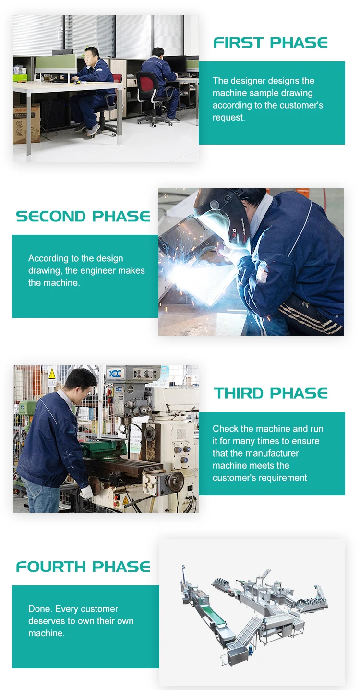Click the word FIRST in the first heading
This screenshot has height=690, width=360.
[x=239, y=43]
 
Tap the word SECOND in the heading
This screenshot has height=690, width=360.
[x=51, y=216]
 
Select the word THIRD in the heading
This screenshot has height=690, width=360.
[x=239, y=393]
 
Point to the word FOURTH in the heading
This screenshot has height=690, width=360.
[x=51, y=567]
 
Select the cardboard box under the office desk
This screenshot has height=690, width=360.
[x=26, y=123]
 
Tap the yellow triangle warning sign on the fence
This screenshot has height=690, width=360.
[x=52, y=374]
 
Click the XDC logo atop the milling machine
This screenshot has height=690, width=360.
[x=115, y=374]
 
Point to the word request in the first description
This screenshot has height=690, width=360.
[x=229, y=118]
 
